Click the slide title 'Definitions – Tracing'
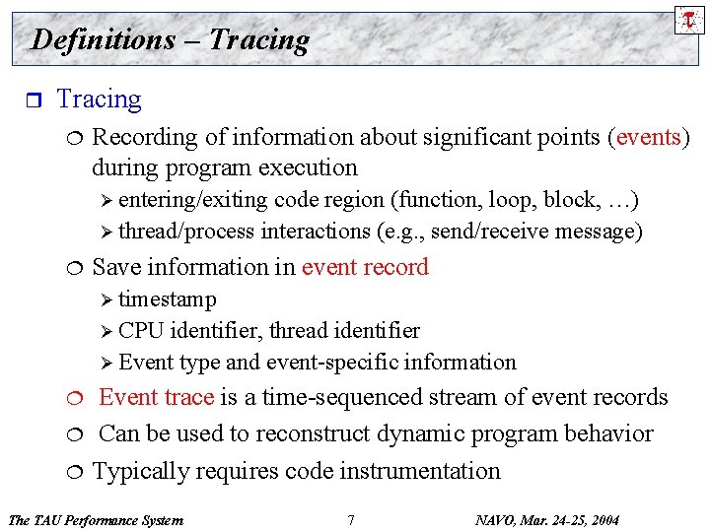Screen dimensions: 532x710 pyautogui.click(x=170, y=39)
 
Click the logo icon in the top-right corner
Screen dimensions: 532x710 pyautogui.click(x=689, y=19)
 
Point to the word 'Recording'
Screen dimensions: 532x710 pyautogui.click(x=144, y=136)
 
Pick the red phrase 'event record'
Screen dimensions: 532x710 pyautogui.click(x=365, y=267)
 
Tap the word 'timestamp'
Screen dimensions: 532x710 pyautogui.click(x=167, y=299)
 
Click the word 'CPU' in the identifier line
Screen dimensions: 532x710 pyautogui.click(x=141, y=330)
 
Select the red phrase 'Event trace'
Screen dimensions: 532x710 pyautogui.click(x=156, y=397)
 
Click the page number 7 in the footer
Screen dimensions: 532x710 pyautogui.click(x=351, y=519)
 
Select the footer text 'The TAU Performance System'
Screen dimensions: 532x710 pyautogui.click(x=95, y=519)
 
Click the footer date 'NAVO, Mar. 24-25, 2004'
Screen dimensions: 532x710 pyautogui.click(x=547, y=519)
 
